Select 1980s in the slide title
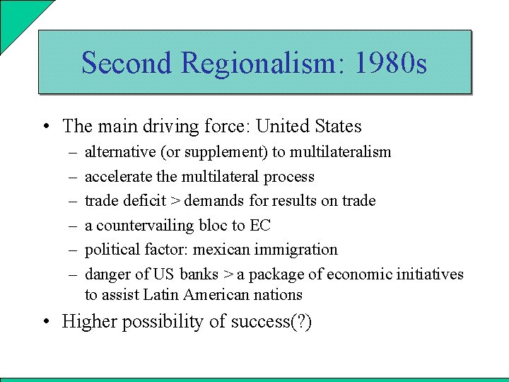pos(391,63)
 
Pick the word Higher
pos(88,322)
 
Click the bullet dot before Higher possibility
pos(45,322)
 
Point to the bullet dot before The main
pos(45,127)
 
